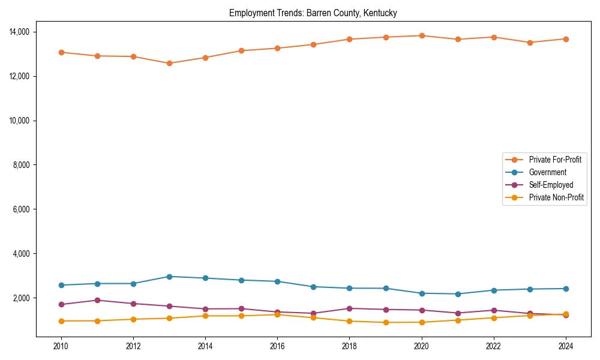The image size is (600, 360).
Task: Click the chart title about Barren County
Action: (x=313, y=13)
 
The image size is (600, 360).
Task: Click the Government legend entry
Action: (x=547, y=172)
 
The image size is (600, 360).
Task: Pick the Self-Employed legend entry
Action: (x=551, y=185)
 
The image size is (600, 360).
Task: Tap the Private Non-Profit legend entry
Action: (x=556, y=197)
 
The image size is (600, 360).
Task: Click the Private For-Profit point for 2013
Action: (x=169, y=63)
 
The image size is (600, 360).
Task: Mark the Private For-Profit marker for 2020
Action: (x=422, y=35)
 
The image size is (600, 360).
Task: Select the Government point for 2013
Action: (x=169, y=277)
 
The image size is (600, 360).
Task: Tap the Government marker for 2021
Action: (x=458, y=294)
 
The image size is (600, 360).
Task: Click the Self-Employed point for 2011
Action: (x=97, y=300)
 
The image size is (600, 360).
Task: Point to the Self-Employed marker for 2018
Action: (x=349, y=308)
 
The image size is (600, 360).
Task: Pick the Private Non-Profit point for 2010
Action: (x=61, y=321)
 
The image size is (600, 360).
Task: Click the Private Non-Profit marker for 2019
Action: (x=386, y=322)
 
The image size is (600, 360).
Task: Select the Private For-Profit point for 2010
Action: (x=61, y=52)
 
